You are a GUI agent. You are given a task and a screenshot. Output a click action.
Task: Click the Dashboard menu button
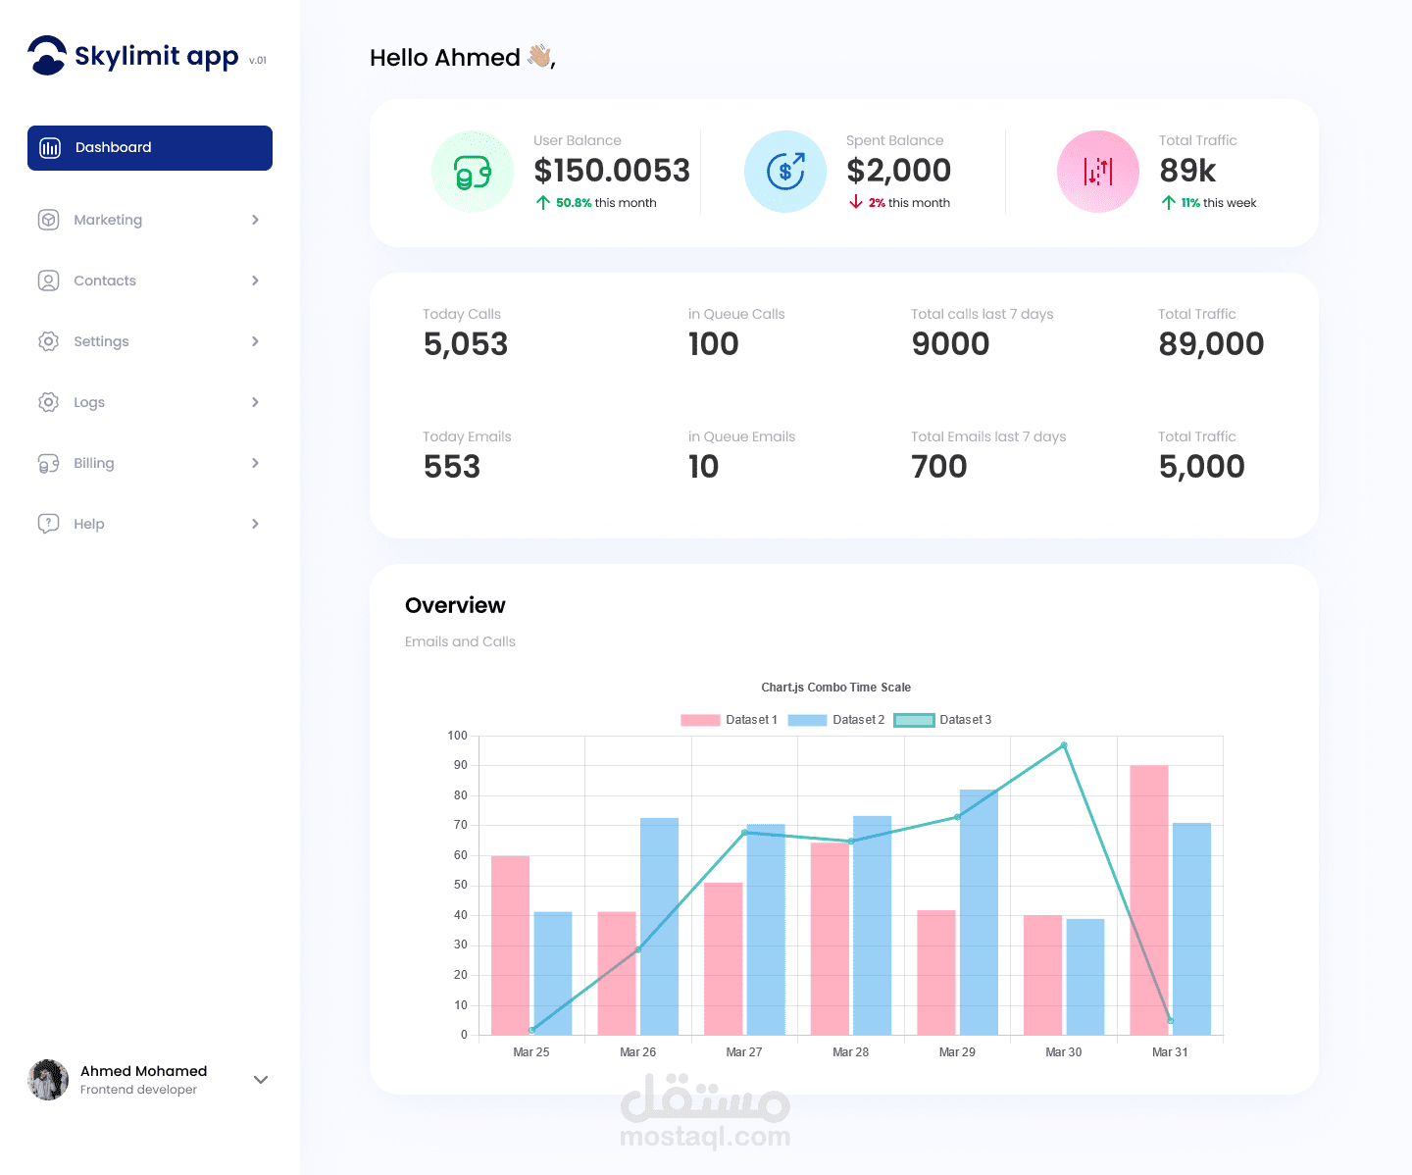(149, 147)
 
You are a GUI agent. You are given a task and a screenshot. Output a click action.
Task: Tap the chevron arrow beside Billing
(255, 463)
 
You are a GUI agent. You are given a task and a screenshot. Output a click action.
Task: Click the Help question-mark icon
(48, 524)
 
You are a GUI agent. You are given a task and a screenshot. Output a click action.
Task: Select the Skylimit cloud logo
(47, 55)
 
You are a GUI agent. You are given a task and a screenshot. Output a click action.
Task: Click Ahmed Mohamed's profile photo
(47, 1080)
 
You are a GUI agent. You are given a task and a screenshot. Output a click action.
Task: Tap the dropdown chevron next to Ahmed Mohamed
(261, 1080)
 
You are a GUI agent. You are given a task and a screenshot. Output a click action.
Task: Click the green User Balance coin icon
(472, 172)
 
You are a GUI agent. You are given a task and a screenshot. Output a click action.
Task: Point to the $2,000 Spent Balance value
(898, 171)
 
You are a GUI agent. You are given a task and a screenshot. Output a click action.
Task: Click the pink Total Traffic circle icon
(1097, 172)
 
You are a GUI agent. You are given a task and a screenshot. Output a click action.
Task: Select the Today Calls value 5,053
(465, 344)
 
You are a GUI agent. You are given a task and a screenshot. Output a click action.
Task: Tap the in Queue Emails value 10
(703, 467)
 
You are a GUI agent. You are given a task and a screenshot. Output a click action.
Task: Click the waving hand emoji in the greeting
(539, 56)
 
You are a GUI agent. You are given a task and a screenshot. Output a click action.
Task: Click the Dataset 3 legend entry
(942, 720)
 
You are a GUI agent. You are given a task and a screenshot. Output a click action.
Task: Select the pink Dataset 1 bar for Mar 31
(1149, 899)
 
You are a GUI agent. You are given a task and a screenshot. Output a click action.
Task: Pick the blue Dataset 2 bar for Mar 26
(659, 926)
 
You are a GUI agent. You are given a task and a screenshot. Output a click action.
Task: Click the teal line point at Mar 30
(1064, 745)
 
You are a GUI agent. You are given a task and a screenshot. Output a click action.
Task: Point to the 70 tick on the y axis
(461, 825)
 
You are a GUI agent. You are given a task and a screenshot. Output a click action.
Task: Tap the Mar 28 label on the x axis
(850, 1051)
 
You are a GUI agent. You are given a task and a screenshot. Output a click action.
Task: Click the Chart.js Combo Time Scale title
(835, 688)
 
